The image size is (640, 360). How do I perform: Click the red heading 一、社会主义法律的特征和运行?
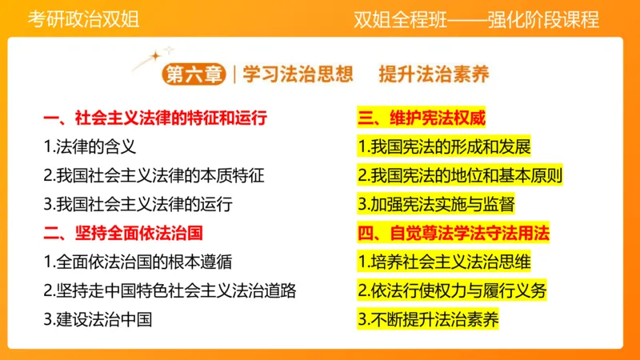click(x=154, y=119)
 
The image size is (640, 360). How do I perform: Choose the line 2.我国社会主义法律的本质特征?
click(x=154, y=175)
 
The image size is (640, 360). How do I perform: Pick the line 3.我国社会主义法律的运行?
click(x=138, y=204)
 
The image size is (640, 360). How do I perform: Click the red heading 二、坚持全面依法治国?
click(x=122, y=233)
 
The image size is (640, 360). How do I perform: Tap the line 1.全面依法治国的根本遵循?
click(x=138, y=262)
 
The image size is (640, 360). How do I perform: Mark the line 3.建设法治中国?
click(x=98, y=318)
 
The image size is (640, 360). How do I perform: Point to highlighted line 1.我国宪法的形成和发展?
click(x=444, y=147)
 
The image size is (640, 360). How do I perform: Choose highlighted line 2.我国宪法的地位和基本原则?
click(x=460, y=175)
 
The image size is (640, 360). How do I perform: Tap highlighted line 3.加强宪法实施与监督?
click(x=436, y=204)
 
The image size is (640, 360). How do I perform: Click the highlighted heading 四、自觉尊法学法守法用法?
click(x=454, y=233)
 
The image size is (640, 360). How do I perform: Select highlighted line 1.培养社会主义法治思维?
click(x=444, y=262)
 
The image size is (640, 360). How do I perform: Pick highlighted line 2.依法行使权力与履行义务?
click(x=452, y=290)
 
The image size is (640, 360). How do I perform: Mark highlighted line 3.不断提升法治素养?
click(x=428, y=318)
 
